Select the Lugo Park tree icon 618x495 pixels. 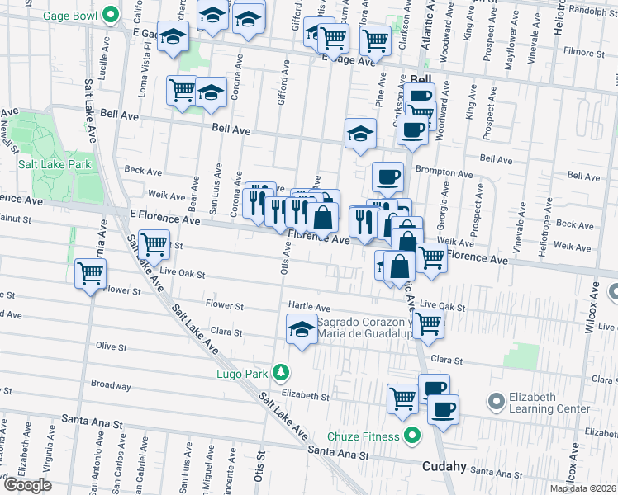(283, 373)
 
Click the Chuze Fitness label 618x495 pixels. (363, 436)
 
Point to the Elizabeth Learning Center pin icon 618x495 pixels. (496, 402)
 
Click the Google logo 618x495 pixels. (27, 484)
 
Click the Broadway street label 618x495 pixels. (111, 384)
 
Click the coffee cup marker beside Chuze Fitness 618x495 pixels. (442, 408)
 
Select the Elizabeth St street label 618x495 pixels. (306, 396)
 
